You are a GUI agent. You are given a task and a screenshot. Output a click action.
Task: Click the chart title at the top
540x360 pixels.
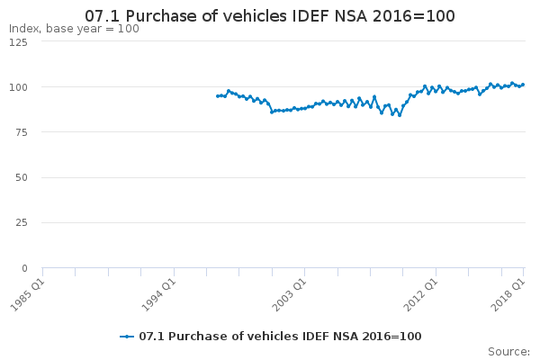270,16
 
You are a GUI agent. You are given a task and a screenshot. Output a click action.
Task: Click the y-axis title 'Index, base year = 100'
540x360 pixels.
74,29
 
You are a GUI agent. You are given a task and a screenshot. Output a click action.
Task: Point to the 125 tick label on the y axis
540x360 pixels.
18,42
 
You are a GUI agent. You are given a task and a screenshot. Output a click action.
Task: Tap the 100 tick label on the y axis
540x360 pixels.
18,87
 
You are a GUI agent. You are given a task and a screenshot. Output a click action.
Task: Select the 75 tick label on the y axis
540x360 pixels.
22,132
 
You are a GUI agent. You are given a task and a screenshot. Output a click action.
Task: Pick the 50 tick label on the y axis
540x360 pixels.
22,178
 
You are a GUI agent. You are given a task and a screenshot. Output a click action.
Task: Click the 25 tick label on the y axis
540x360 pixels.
22,222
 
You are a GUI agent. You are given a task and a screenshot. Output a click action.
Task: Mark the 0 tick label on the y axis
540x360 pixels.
24,268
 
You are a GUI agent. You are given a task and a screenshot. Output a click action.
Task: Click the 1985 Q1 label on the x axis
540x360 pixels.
28,295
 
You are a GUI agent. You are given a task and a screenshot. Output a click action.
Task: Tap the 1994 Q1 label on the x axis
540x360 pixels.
158,295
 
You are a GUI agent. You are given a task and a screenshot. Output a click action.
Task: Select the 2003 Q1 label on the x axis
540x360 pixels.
289,295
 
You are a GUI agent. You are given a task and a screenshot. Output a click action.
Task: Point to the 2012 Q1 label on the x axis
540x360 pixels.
420,295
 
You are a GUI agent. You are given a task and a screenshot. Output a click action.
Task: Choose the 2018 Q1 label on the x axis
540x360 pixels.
508,295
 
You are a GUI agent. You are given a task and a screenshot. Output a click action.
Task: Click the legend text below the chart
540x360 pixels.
280,337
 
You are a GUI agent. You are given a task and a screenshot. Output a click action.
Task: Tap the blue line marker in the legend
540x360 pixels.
127,337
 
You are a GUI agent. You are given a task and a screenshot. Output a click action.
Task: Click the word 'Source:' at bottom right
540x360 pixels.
509,352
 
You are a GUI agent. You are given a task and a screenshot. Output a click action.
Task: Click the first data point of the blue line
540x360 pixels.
217,96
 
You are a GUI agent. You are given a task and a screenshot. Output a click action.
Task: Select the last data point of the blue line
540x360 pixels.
523,85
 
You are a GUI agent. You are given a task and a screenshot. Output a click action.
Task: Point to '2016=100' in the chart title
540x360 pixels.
414,16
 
